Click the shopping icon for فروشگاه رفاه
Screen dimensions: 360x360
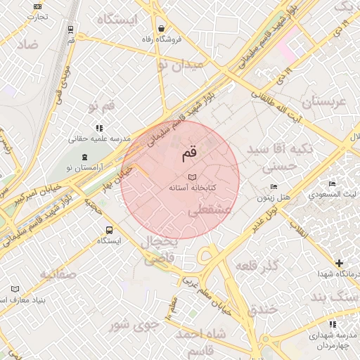(162, 29)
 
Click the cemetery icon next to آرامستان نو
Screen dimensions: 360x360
(84, 157)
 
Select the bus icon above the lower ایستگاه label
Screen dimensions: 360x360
(109, 230)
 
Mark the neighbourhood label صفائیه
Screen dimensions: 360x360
(58, 274)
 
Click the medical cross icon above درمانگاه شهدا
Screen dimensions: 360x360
(340, 262)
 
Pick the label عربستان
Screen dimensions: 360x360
(324, 102)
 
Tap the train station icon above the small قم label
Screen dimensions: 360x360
(71, 30)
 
